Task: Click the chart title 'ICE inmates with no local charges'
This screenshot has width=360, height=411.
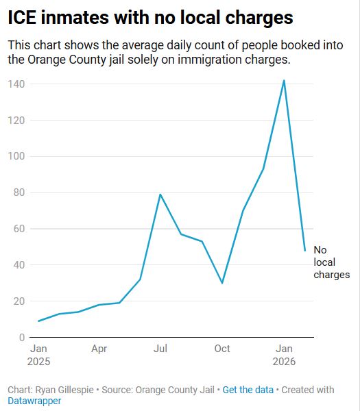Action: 150,18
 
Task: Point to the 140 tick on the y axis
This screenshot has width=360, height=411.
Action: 16,84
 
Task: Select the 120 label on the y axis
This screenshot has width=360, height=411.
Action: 16,121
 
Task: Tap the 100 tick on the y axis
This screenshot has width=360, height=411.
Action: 16,157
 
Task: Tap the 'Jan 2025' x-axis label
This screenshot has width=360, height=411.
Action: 39,354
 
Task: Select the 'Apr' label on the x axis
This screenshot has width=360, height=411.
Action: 99,349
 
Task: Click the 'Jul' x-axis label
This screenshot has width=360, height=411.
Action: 160,349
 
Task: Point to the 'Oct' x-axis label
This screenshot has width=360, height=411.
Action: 222,349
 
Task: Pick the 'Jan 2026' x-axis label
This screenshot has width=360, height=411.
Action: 284,354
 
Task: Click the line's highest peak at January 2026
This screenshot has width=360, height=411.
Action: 284,81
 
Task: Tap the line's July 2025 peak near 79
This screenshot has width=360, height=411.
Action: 160,195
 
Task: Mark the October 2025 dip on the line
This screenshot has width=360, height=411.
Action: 222,283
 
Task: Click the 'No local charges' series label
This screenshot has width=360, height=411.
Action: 331,262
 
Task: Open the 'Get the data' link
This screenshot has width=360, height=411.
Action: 248,390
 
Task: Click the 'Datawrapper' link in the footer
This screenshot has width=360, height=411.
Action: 34,401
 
